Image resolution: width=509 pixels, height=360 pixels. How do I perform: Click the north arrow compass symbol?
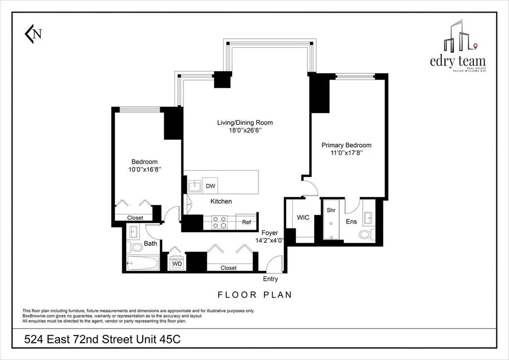coord(33,34)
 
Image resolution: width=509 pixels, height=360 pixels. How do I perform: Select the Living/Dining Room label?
coord(245,123)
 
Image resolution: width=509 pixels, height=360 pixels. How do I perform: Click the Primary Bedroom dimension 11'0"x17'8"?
coord(346,154)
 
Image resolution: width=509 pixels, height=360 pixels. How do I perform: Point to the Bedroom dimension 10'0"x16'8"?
coord(144,170)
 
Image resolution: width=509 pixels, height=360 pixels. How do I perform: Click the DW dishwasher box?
coord(210,186)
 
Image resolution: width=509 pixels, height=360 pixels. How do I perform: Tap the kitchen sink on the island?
coord(194,186)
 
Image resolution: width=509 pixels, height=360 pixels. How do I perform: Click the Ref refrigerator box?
coord(246,222)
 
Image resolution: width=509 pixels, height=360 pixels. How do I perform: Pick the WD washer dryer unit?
coord(177,263)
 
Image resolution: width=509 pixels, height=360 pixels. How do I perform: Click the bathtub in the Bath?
coord(143,263)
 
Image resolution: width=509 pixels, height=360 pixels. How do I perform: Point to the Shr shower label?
coord(331,210)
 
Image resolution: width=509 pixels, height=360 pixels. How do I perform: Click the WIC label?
coord(303,217)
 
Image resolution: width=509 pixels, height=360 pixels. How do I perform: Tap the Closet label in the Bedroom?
coord(135,218)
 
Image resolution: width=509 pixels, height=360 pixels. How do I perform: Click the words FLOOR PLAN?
coord(254,294)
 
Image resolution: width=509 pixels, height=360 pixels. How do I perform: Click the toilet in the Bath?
coord(135,247)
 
